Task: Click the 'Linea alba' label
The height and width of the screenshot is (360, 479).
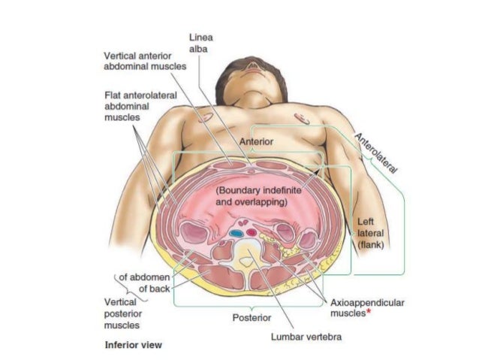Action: click(x=198, y=44)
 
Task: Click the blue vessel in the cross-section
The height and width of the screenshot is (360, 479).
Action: click(x=236, y=234)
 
